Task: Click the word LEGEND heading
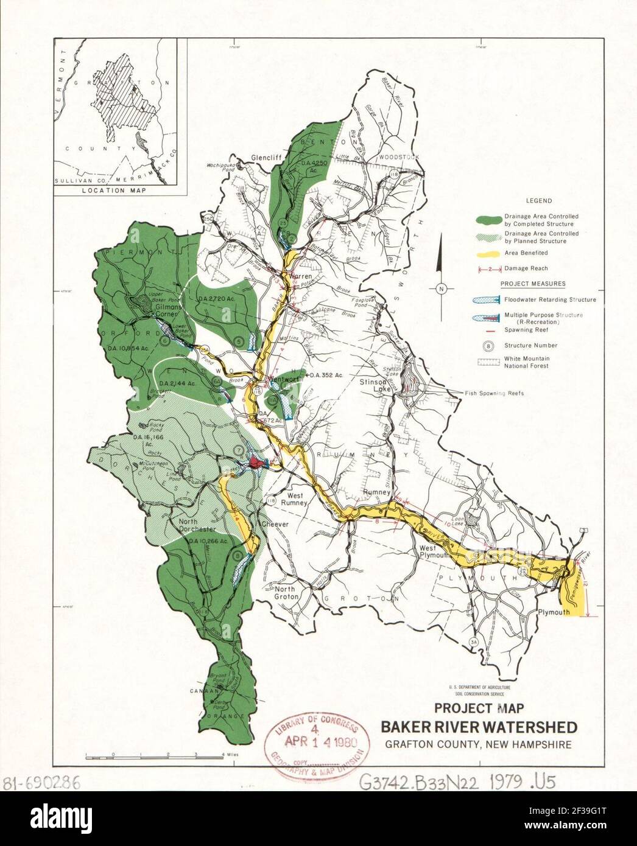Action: click(x=539, y=201)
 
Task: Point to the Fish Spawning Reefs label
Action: click(x=493, y=393)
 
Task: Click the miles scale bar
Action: click(x=156, y=754)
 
